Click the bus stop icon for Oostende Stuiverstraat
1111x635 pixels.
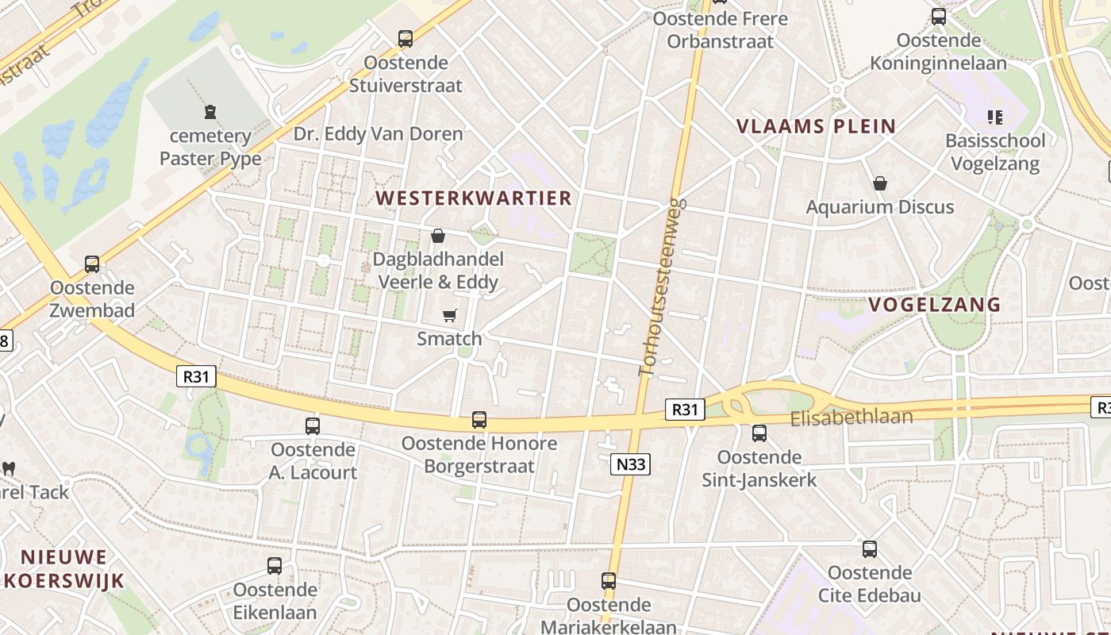(406, 38)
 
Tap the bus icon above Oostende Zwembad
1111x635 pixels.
(92, 264)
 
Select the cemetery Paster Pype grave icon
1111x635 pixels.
(210, 112)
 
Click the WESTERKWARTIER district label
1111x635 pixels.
(474, 198)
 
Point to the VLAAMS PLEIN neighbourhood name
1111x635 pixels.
(817, 126)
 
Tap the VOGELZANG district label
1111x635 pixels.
(934, 305)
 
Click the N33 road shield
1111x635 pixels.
(630, 465)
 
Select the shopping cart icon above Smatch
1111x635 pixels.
(450, 316)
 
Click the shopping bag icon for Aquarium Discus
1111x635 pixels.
(880, 184)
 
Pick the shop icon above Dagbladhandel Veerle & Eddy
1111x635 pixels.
(437, 236)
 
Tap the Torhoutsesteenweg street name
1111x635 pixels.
(662, 287)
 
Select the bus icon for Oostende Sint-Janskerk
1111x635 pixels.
(759, 433)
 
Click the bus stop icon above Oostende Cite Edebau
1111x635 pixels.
(870, 549)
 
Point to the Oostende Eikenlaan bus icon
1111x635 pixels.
(275, 566)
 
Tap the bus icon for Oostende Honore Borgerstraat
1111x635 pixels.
(479, 420)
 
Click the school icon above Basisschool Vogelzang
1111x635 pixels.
(995, 117)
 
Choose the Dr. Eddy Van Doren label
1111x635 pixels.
(378, 134)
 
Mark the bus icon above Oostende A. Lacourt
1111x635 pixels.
(313, 426)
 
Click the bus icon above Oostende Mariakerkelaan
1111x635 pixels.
(609, 581)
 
